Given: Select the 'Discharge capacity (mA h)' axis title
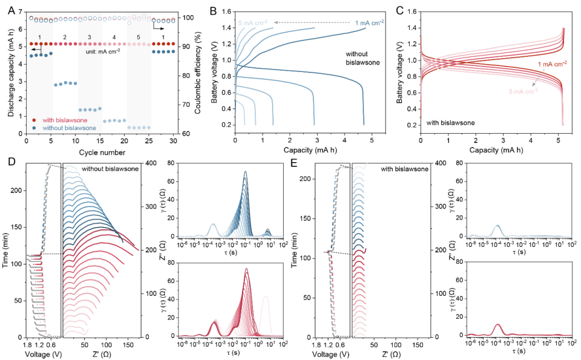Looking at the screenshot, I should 11,73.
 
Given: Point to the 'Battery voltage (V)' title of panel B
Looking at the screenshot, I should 216,73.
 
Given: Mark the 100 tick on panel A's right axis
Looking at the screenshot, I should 187,18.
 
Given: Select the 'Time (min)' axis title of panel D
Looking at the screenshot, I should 11,250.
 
